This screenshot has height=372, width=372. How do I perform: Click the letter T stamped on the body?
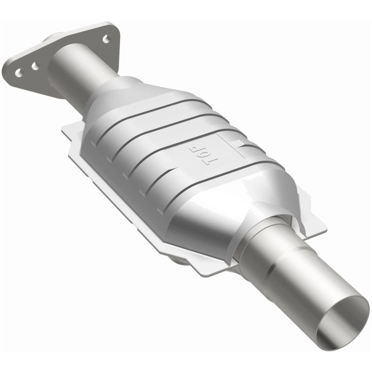coord(211,162)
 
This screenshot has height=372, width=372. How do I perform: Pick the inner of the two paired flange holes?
coord(35,66)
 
